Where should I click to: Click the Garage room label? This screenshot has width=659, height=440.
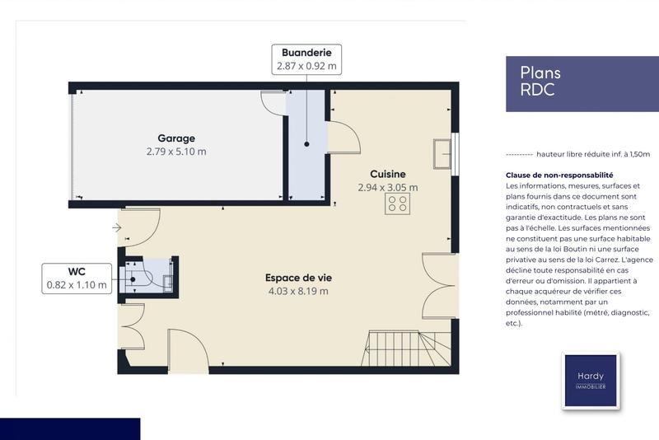point(176,138)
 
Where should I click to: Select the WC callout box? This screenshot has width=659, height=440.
point(77,278)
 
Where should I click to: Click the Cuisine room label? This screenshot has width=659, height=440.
point(387,174)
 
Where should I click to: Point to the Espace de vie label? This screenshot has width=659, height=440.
point(297,278)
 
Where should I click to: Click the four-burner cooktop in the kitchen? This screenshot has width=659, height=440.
point(397,204)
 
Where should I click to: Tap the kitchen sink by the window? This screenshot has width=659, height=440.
point(442,153)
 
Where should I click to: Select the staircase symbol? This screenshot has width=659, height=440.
point(408,349)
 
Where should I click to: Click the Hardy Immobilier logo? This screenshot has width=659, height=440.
point(591,381)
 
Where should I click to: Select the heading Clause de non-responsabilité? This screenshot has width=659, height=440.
point(559,176)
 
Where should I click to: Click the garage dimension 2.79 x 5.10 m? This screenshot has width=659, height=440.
point(176,152)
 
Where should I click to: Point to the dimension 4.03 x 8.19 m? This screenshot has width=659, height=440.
point(297,291)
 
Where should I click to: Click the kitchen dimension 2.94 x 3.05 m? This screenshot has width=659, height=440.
point(387,187)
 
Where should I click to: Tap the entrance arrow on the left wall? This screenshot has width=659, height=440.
point(116,227)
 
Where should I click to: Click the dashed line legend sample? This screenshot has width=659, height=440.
point(518,154)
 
